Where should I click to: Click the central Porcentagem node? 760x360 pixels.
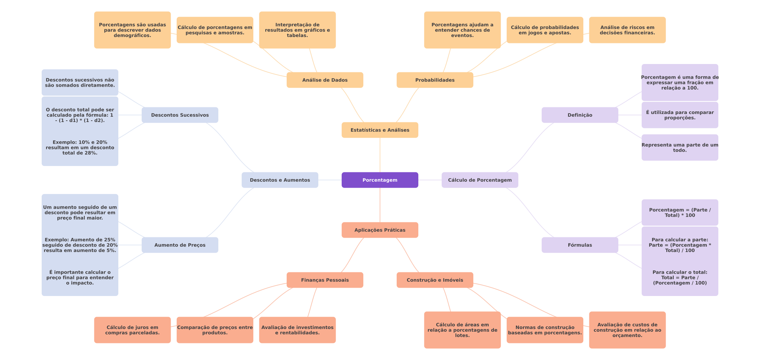[380, 180]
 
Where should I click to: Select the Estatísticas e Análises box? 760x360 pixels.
[380, 130]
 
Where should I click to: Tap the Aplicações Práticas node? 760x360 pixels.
[380, 230]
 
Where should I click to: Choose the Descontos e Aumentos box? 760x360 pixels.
[280, 180]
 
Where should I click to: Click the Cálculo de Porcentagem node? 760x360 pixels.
[480, 180]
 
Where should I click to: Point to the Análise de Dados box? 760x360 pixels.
[325, 80]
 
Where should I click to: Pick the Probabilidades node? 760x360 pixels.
[435, 80]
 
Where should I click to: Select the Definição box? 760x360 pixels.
[580, 115]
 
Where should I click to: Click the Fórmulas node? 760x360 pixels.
[580, 245]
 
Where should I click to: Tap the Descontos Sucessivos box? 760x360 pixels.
[180, 115]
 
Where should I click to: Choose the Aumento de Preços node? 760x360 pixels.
[180, 245]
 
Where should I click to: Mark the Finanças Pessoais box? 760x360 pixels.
[325, 280]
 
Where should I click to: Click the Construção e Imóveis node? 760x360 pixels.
[435, 280]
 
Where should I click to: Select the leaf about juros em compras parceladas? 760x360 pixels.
[132, 330]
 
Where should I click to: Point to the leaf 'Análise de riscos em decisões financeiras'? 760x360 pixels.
[627, 30]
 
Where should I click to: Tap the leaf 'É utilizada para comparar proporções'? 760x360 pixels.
[680, 115]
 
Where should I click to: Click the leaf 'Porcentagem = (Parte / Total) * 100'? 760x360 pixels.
[680, 213]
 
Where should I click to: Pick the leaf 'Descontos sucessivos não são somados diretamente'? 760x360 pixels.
[80, 83]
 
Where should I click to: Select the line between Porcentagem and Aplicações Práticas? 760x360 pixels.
[380, 205]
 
